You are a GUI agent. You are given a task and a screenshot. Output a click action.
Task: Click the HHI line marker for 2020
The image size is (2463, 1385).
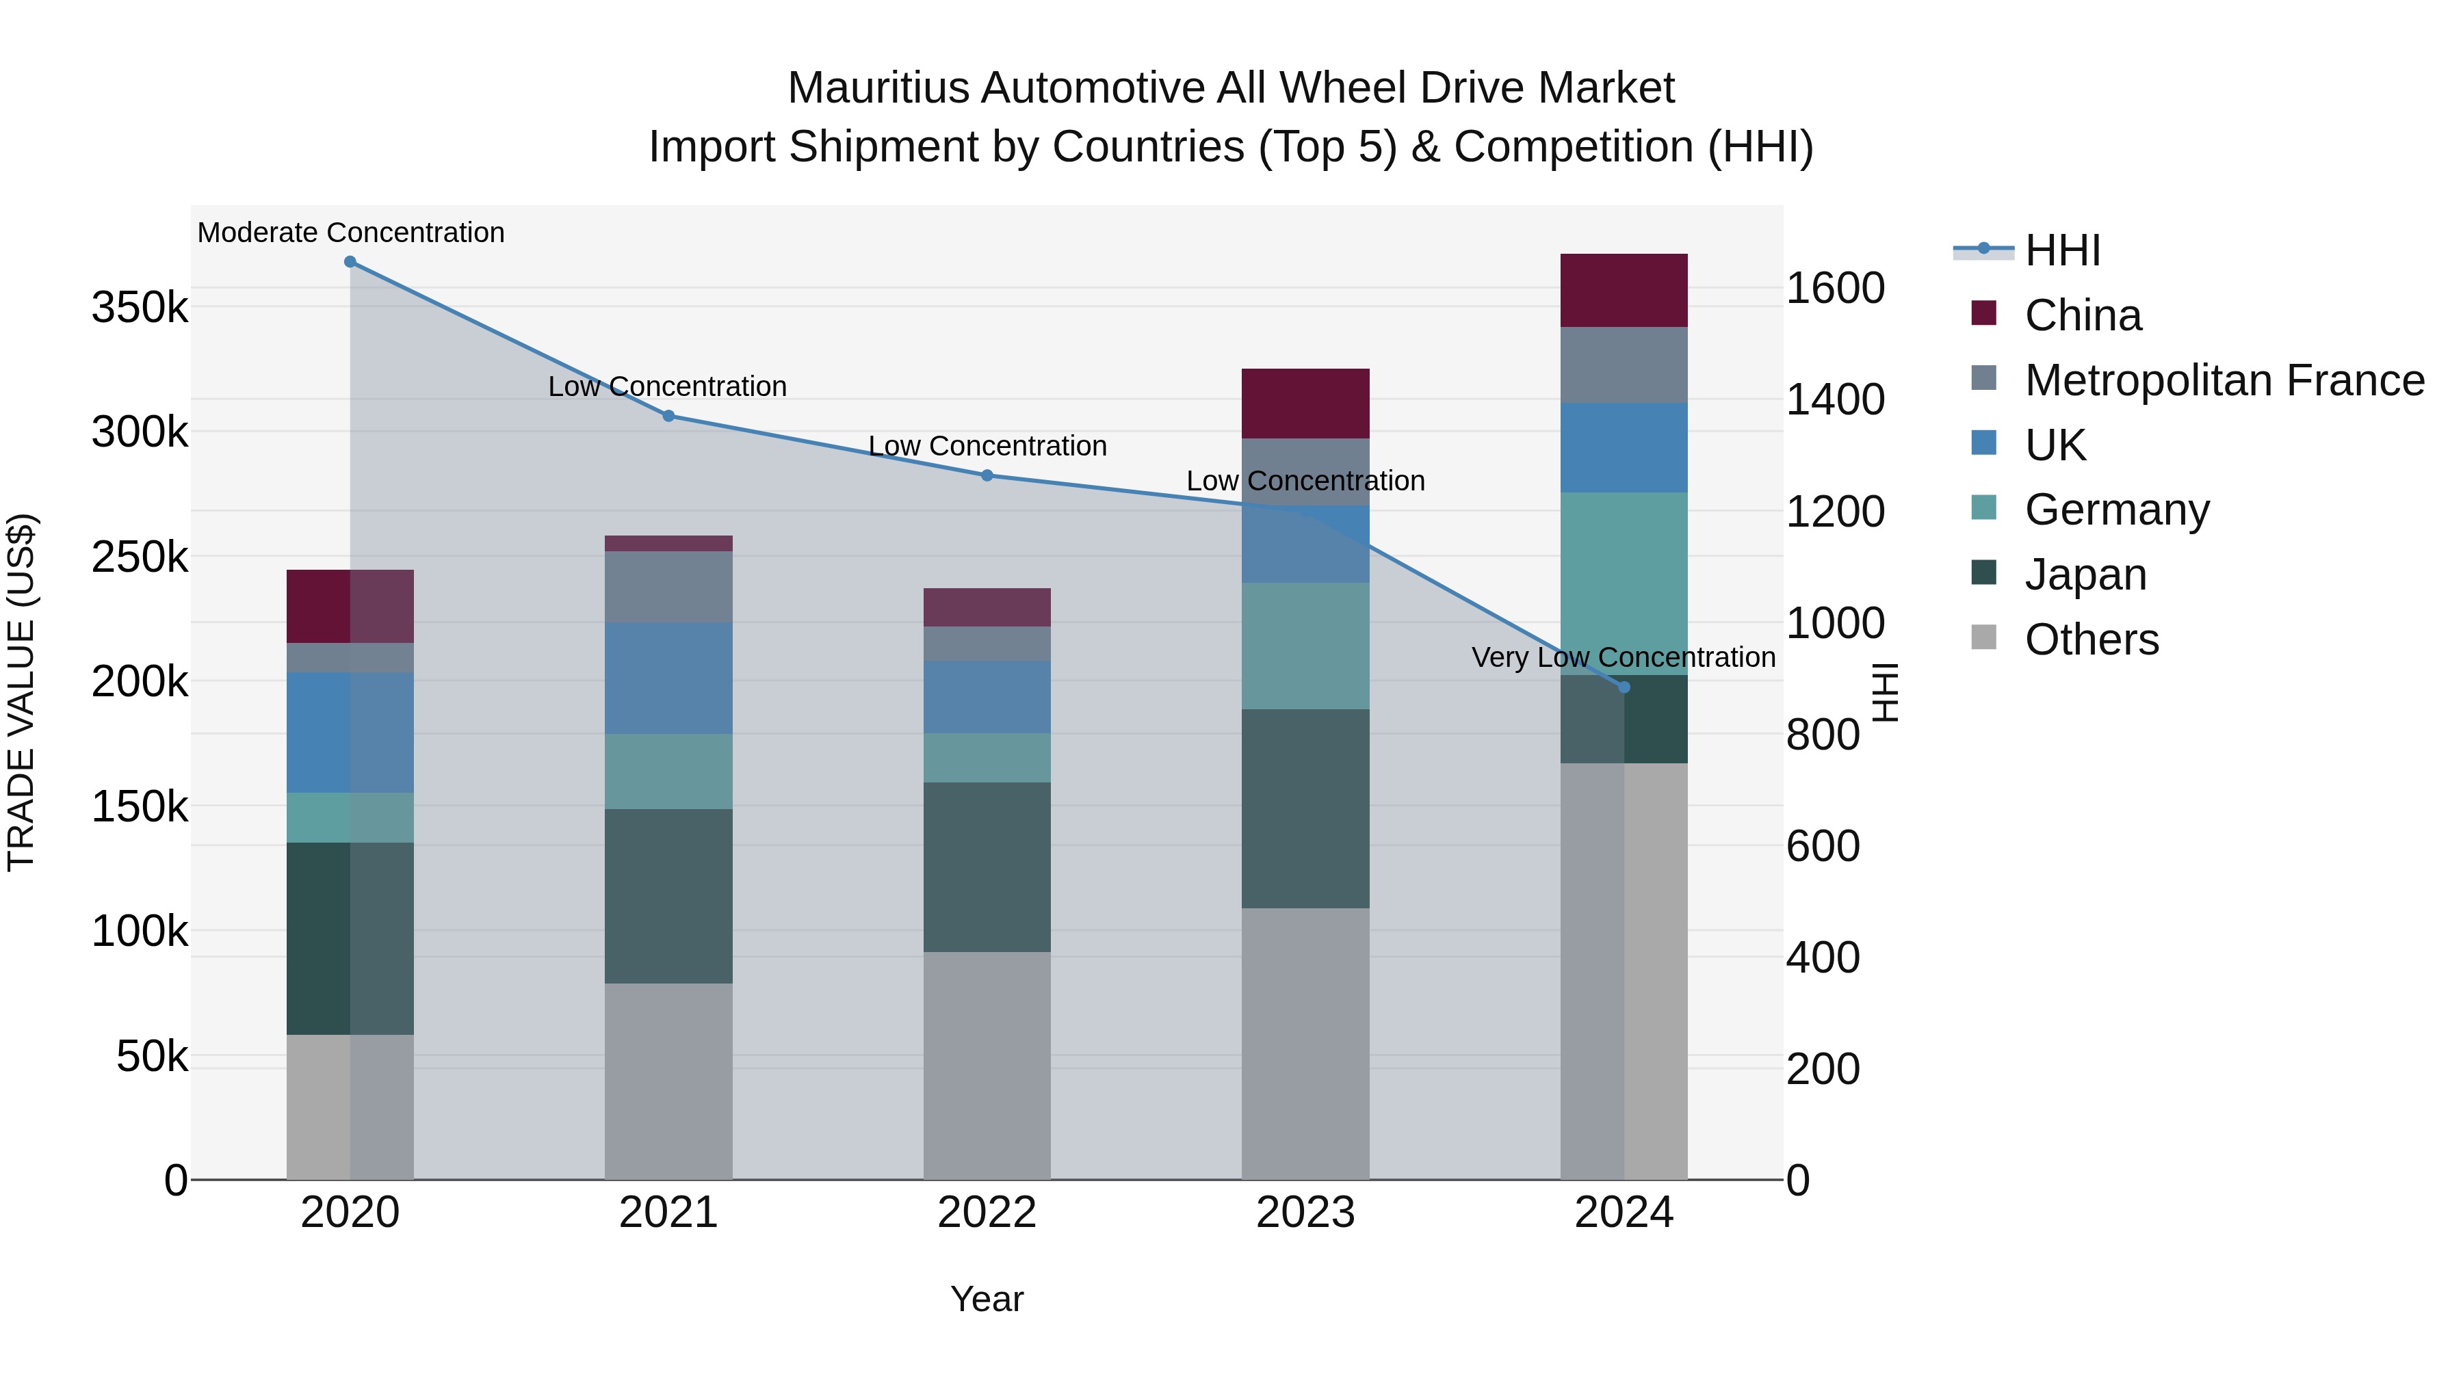point(350,262)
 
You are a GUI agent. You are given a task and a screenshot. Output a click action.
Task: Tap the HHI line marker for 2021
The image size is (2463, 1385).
point(668,416)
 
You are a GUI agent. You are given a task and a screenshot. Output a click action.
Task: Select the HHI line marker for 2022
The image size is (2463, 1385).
point(987,475)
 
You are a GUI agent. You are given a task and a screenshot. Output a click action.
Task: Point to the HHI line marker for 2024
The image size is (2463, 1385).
point(1624,687)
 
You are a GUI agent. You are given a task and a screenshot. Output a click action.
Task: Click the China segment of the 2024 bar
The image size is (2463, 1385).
point(1624,291)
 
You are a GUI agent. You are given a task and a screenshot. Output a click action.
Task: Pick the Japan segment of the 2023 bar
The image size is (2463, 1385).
point(1305,808)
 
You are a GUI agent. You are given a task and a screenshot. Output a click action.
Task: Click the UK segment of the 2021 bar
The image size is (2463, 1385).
point(668,678)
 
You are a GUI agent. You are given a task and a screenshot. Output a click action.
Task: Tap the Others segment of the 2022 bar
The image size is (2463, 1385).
point(987,1065)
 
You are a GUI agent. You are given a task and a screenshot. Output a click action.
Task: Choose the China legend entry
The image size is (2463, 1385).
point(2083,315)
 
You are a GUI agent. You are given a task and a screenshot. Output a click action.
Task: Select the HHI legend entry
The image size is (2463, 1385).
point(2061,250)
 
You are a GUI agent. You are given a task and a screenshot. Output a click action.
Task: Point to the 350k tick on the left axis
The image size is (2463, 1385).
point(140,308)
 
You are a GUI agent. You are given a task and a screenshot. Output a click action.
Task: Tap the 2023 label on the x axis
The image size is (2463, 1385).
point(1305,1213)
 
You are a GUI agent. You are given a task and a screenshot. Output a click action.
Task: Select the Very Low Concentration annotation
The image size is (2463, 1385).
point(1623,657)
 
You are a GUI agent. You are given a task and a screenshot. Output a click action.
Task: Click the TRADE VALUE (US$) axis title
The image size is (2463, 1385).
point(21,692)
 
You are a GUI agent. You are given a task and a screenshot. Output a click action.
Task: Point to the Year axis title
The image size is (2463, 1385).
point(987,1299)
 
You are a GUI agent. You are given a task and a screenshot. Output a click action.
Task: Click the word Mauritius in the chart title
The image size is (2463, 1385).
point(880,88)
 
